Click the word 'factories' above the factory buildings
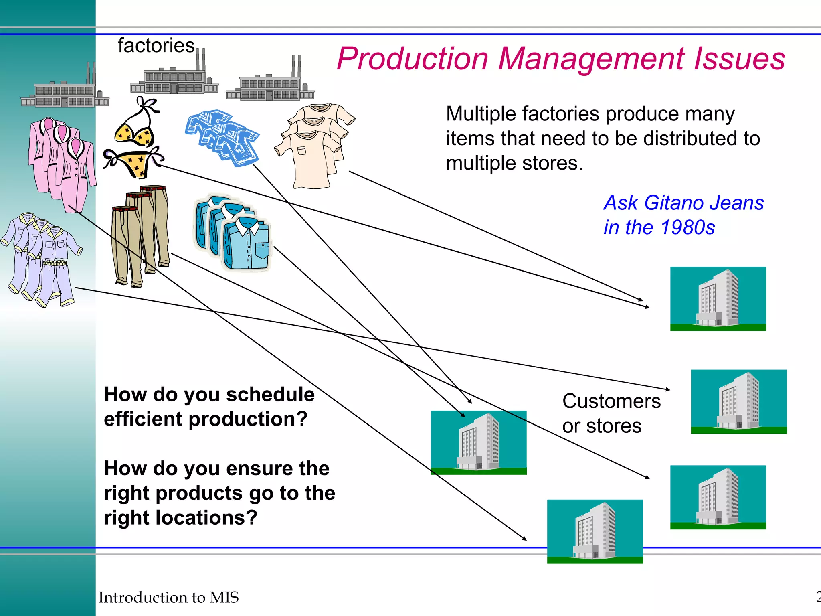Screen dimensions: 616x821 (x=156, y=46)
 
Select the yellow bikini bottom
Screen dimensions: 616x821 (x=134, y=163)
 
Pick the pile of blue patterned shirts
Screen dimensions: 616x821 (x=223, y=136)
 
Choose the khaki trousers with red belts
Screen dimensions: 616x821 (x=141, y=235)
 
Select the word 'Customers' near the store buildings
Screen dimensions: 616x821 (x=611, y=401)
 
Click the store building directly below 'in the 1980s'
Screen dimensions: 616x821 (x=718, y=299)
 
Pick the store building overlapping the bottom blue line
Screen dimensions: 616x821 (x=595, y=531)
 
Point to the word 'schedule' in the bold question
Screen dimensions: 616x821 (x=270, y=395)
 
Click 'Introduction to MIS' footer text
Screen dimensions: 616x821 (x=168, y=598)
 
